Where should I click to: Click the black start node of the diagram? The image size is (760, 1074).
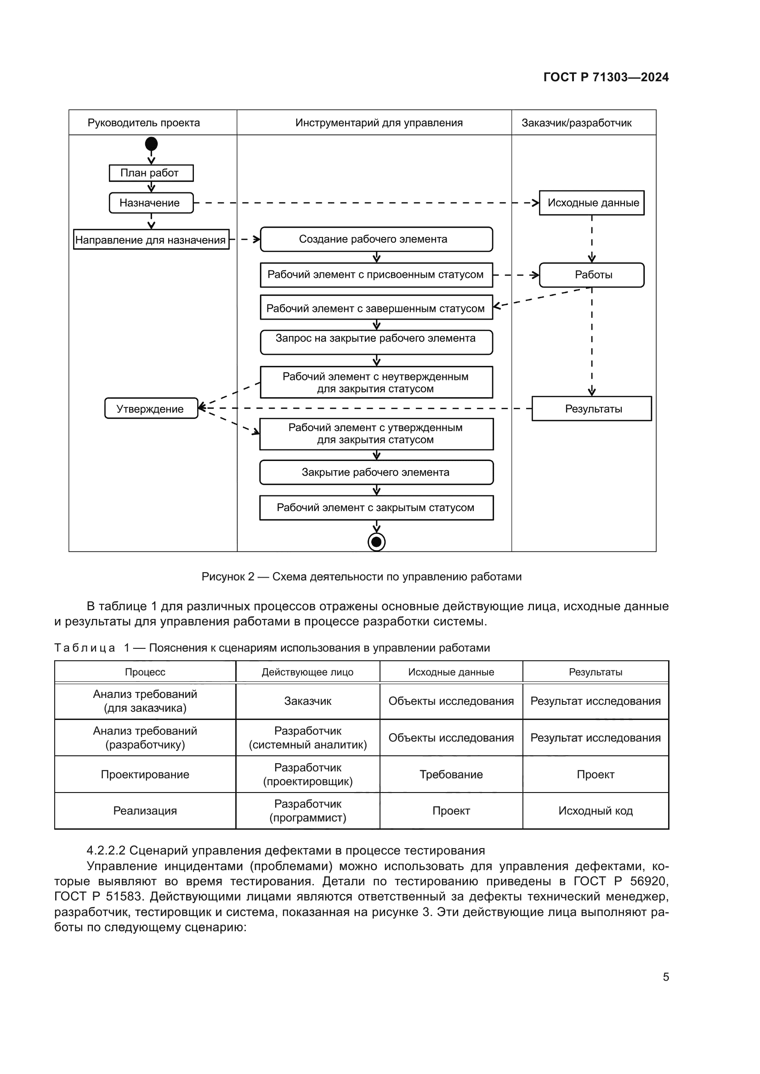(x=151, y=144)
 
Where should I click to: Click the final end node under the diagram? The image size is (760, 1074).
(x=376, y=542)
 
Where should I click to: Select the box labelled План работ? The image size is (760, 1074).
(x=151, y=173)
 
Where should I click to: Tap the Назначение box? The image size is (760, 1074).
(x=151, y=203)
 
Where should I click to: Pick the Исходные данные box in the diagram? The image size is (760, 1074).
(x=591, y=203)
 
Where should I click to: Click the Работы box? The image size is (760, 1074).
(x=591, y=275)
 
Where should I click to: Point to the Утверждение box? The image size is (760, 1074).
(x=151, y=409)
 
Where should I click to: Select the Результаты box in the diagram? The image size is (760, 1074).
(x=591, y=409)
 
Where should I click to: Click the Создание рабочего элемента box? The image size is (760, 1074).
(x=376, y=240)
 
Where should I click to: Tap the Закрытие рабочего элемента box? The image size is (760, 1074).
(x=376, y=472)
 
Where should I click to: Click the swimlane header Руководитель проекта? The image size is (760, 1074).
(x=144, y=123)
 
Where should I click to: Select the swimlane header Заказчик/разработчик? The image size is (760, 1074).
(x=577, y=123)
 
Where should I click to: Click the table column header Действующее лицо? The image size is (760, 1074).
(x=307, y=672)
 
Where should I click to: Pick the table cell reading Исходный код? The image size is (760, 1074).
(x=595, y=810)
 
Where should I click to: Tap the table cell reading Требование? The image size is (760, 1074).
(x=451, y=775)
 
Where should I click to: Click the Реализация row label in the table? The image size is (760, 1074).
(x=145, y=810)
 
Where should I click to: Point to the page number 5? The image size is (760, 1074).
(x=666, y=977)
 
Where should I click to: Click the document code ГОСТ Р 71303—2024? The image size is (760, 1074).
(x=606, y=78)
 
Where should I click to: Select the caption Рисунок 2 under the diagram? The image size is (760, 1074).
(x=361, y=577)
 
